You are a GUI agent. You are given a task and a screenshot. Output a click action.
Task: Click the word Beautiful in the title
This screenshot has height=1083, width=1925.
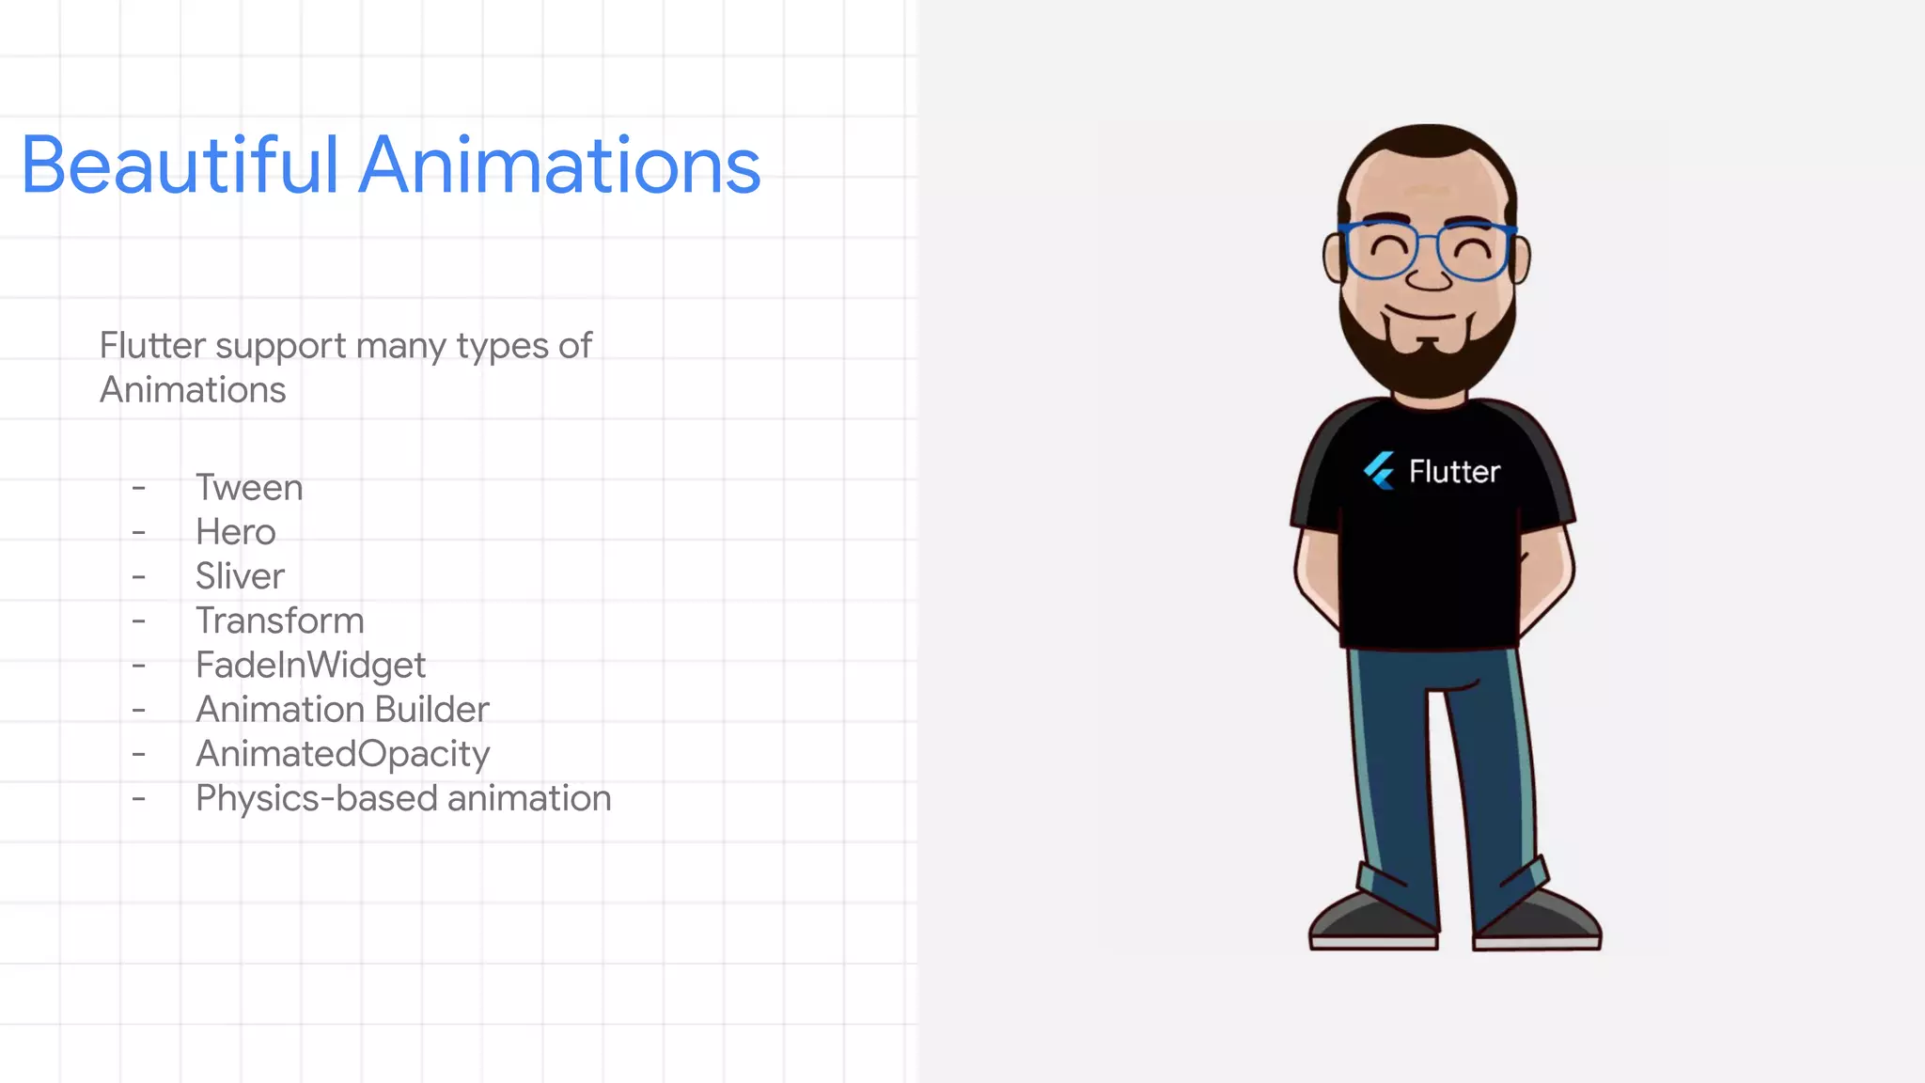tap(179, 165)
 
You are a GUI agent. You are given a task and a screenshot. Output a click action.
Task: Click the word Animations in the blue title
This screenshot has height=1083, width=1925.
tap(559, 165)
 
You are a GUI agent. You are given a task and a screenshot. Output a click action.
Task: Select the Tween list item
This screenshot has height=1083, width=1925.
tap(249, 488)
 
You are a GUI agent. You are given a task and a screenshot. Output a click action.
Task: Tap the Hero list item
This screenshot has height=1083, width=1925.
tap(235, 532)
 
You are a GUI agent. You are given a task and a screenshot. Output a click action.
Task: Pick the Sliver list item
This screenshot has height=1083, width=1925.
tap(240, 576)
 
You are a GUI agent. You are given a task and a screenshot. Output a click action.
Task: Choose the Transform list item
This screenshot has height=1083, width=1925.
tap(279, 620)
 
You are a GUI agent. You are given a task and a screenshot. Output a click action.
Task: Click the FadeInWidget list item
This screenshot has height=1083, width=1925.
tap(310, 666)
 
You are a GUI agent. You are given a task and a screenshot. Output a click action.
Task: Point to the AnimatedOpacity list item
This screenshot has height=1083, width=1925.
tap(342, 754)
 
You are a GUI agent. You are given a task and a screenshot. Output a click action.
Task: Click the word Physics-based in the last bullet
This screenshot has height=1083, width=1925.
tap(317, 798)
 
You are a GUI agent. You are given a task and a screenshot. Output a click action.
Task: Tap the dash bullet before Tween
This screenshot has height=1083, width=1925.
tap(139, 488)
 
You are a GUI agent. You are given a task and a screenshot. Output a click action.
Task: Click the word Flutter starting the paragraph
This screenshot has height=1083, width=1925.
tap(152, 346)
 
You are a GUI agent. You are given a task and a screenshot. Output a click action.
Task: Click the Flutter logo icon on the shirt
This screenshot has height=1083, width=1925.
tap(1379, 470)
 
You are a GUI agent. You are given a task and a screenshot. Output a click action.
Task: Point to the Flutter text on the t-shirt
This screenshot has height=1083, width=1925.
tap(1454, 471)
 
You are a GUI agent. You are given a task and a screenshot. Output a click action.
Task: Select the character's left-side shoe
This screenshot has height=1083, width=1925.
tap(1373, 921)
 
